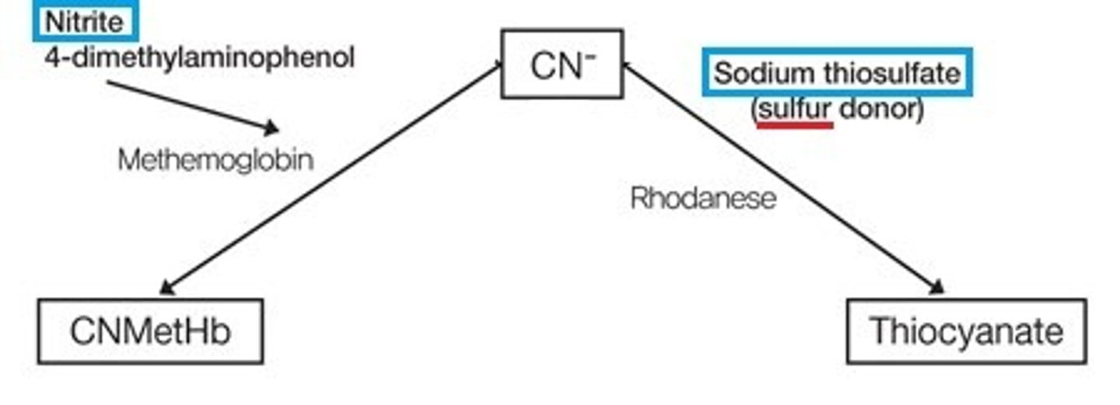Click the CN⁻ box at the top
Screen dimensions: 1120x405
tap(562, 64)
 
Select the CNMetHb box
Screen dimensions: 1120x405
tap(150, 332)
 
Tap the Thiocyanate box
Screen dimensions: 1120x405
tap(966, 332)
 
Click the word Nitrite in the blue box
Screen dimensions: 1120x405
tap(85, 23)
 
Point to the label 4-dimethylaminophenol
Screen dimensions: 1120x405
tap(199, 57)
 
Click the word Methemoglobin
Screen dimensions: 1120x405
tap(215, 160)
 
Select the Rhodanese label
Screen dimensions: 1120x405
tap(703, 198)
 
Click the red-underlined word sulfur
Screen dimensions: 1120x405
tap(794, 110)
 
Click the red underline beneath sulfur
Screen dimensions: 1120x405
tap(794, 124)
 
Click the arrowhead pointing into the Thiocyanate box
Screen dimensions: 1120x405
tap(937, 288)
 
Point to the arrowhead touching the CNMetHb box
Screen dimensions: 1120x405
tap(166, 289)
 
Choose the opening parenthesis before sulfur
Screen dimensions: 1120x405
tap(755, 110)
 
